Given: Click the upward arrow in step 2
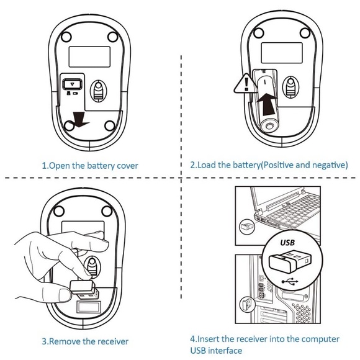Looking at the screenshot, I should coord(268,102).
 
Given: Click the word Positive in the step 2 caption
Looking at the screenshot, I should coord(279,165).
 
